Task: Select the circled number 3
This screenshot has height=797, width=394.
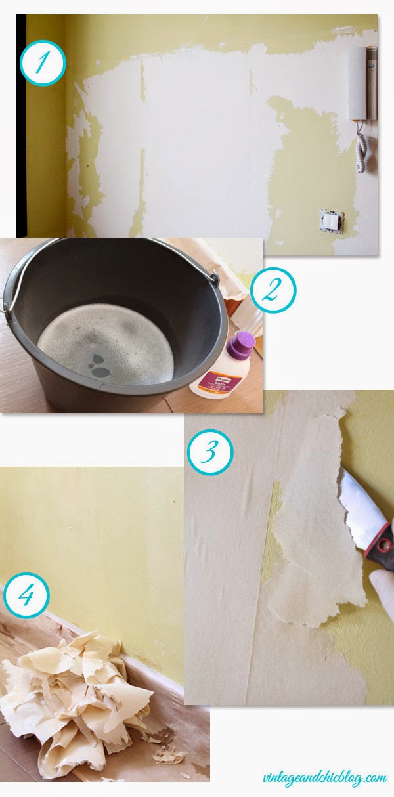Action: pyautogui.click(x=209, y=452)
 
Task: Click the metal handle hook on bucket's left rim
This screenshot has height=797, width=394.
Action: pyautogui.click(x=7, y=303)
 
